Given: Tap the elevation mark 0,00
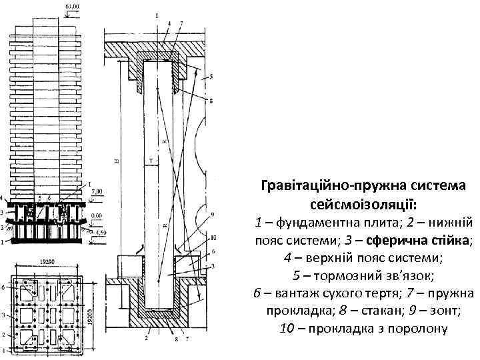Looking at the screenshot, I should (97, 216).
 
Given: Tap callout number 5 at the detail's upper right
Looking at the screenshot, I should (211, 78).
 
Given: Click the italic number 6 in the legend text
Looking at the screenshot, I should (257, 292).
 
